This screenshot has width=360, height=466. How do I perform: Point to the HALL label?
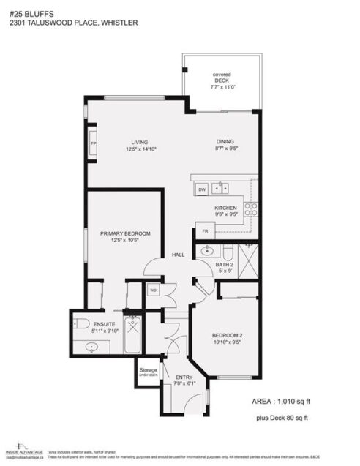(178, 255)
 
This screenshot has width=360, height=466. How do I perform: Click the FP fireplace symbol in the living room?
(93, 143)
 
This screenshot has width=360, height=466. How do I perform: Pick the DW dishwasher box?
(201, 189)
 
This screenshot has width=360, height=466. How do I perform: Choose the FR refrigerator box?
(206, 231)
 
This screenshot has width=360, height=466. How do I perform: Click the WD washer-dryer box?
(154, 290)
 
